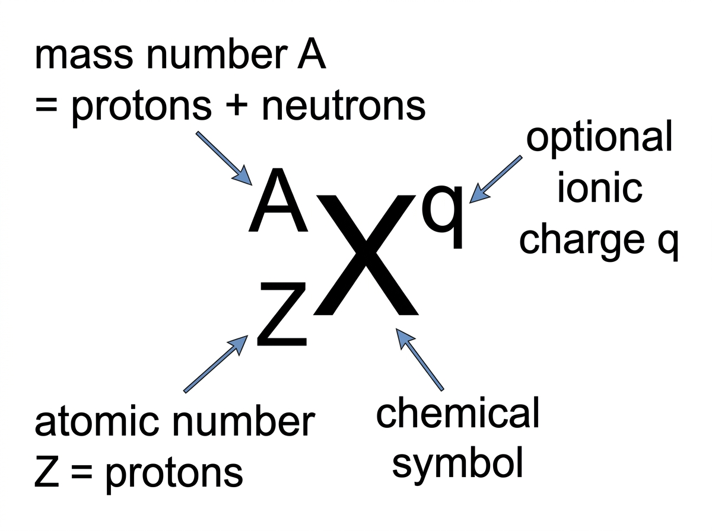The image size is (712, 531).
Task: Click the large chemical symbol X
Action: point(365,255)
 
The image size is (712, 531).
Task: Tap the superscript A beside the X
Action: point(278,200)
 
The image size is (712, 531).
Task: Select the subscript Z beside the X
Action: point(282,314)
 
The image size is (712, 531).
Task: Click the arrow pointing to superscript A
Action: point(224,158)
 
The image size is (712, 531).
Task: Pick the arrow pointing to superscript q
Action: point(495,180)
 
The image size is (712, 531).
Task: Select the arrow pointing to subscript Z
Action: point(216,364)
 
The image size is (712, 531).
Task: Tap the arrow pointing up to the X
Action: point(419,360)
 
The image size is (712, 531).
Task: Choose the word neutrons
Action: point(344,106)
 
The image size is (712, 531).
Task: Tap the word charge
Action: point(582,241)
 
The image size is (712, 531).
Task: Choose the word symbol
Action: point(457,466)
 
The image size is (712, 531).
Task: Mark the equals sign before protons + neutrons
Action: point(46,105)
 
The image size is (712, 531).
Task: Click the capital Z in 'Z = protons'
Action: point(47,471)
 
